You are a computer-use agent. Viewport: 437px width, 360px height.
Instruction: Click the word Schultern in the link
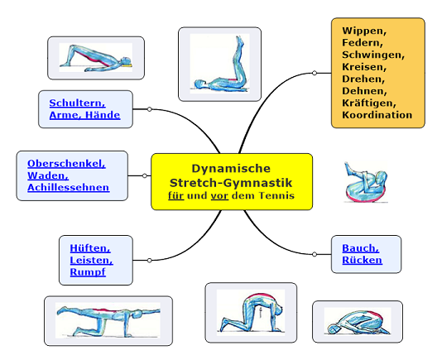click(x=77, y=103)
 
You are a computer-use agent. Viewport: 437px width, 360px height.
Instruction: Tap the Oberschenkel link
click(x=66, y=164)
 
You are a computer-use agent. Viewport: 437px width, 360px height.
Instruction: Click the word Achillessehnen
click(x=68, y=187)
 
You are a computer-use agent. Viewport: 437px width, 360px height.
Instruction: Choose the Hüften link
click(x=90, y=248)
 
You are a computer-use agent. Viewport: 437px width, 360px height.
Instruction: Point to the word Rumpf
click(x=88, y=272)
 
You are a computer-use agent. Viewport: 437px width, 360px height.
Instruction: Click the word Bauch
click(x=360, y=248)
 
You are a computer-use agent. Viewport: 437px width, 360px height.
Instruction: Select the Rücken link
click(x=362, y=260)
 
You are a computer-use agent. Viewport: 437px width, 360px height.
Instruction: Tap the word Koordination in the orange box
click(x=377, y=115)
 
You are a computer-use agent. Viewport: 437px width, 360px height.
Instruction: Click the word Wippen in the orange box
click(x=364, y=31)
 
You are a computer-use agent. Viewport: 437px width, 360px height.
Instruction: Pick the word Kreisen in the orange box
click(x=364, y=67)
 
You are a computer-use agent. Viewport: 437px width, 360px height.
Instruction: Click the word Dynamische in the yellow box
click(x=231, y=169)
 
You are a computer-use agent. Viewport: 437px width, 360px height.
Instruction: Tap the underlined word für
click(x=175, y=195)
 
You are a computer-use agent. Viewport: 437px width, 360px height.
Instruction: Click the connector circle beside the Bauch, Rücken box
click(x=315, y=254)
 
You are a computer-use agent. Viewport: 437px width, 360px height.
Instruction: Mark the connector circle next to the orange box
click(x=315, y=73)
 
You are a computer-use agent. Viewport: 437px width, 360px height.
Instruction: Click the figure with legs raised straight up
click(x=220, y=64)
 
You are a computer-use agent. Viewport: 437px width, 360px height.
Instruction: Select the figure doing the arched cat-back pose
click(x=251, y=312)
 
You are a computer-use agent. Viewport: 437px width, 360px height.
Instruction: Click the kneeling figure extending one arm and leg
click(x=108, y=320)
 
